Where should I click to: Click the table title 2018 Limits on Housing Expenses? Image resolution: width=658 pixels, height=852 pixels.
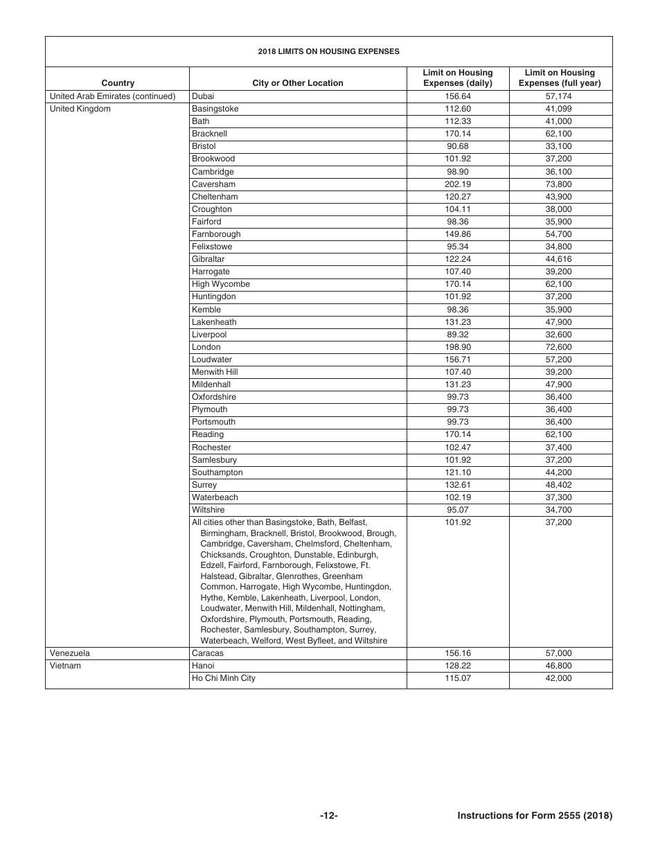coord(328,51)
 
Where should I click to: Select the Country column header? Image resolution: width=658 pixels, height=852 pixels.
coord(118,83)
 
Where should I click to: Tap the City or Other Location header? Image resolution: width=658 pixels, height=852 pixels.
coord(298,83)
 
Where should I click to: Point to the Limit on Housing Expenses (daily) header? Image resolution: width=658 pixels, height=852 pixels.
coord(457,78)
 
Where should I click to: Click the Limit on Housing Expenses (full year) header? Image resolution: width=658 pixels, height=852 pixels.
coord(560,78)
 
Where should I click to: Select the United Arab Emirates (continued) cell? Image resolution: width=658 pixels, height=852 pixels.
coord(112,96)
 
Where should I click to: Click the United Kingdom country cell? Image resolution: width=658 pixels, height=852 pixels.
coord(80,109)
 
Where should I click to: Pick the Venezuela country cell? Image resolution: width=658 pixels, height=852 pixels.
coord(69,653)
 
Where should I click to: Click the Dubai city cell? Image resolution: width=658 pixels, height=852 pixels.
coord(203,96)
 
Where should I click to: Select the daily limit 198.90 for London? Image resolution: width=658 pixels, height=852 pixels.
coord(457,347)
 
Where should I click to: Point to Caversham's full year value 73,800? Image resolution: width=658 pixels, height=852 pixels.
coord(560,184)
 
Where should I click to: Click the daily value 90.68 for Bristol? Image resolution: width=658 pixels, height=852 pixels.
coord(457,146)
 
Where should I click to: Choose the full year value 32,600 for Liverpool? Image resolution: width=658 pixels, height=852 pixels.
coord(560,335)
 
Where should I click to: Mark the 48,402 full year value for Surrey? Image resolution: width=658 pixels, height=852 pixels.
coord(560,485)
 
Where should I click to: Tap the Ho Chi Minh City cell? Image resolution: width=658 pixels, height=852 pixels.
coord(224,678)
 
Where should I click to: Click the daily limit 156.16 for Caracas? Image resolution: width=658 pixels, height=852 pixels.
coord(457,653)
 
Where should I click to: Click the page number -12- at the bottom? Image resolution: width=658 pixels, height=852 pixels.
coord(328,816)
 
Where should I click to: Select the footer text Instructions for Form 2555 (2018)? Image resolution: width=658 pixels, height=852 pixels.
coord(535,816)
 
